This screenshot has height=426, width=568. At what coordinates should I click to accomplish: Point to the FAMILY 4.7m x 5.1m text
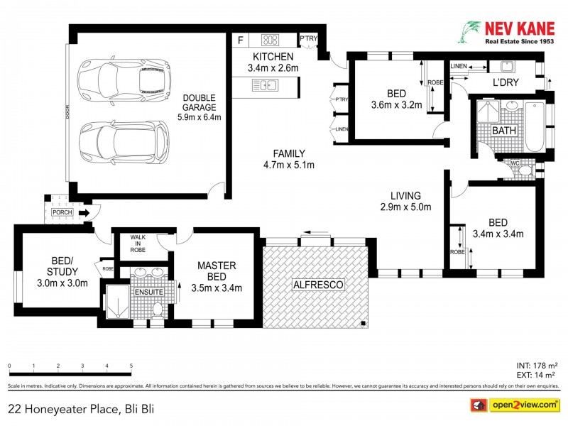coord(289,159)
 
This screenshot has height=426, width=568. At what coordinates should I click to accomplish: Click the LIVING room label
coord(405,201)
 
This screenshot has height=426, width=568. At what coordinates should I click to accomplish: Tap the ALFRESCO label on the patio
coord(317,285)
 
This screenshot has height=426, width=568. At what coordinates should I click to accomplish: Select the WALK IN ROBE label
coord(138,245)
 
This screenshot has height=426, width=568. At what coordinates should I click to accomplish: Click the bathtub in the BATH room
coord(534,127)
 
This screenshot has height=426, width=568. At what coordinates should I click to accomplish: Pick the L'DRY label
coord(506,83)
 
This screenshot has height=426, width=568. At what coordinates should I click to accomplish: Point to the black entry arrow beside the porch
coord(83,212)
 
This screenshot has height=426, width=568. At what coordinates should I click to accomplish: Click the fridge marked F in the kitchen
coord(241,40)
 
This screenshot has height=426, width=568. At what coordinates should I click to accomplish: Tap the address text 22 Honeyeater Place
coord(81,408)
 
